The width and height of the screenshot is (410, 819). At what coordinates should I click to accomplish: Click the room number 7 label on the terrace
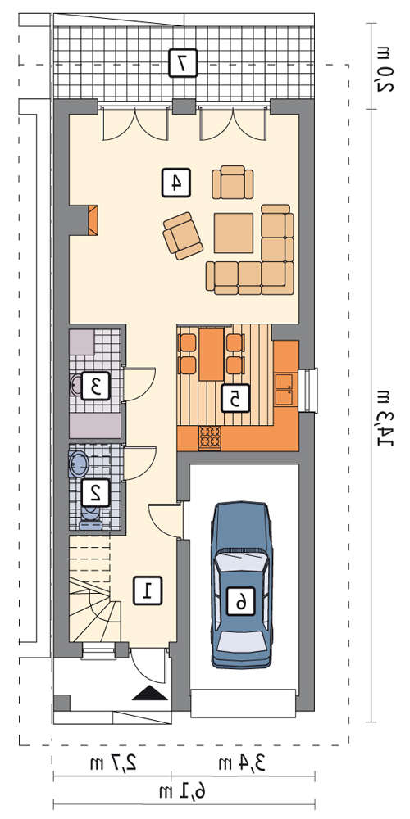coord(183,63)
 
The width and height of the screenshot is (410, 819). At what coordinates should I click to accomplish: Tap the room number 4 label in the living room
coord(175,182)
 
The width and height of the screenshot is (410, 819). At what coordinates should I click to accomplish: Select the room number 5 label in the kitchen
coord(235,398)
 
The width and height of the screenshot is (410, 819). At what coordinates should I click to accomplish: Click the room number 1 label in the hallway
coord(148,590)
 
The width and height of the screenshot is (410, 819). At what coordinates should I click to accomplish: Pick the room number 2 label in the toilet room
coord(96,492)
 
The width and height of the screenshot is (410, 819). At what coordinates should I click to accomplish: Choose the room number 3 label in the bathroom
coord(96,386)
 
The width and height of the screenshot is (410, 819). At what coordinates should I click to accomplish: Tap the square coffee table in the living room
coord(234,233)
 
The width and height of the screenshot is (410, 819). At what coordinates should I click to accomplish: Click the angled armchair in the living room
coord(183,236)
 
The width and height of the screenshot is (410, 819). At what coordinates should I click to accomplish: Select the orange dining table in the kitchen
coord(212,354)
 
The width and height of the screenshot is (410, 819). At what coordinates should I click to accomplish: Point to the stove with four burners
coord(210,438)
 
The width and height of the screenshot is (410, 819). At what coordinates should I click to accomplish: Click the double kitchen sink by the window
coord(285,389)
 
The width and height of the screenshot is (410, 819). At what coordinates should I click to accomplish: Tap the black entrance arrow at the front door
coord(149,693)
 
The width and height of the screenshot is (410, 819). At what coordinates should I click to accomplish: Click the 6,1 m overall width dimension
coord(184,792)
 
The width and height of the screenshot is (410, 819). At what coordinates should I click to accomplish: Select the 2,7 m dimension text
coord(113,763)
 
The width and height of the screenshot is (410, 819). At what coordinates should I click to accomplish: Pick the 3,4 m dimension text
coord(242,763)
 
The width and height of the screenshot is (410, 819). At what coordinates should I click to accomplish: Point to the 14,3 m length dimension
coord(385,414)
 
